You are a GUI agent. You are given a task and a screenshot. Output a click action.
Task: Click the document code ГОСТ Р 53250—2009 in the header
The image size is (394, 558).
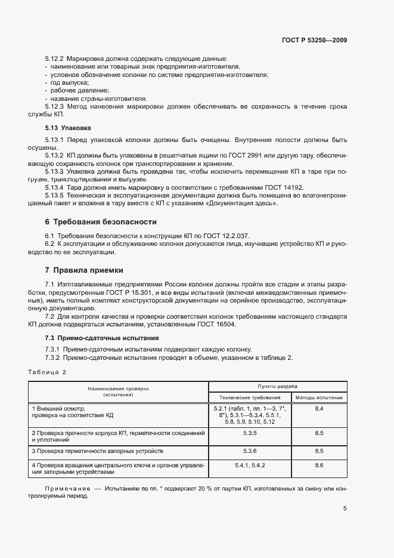coord(314,41)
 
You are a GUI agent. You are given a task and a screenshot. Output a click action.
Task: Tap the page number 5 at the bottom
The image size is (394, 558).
coord(345,508)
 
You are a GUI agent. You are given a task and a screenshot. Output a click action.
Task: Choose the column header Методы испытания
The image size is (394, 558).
coord(319,397)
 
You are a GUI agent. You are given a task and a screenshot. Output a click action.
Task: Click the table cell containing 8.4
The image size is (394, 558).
coord(319,408)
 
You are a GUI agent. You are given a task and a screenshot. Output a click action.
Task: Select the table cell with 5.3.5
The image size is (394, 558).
coord(249,432)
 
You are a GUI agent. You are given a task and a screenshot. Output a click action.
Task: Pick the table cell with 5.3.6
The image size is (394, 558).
coord(249,451)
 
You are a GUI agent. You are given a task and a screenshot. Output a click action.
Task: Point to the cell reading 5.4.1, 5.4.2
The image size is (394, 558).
coord(249,465)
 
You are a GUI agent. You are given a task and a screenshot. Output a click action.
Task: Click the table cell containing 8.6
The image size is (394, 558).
coord(319,465)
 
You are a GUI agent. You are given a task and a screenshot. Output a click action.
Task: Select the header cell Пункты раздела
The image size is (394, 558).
coord(277,387)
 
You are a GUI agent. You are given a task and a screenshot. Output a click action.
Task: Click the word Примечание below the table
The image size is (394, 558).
coord(67,489)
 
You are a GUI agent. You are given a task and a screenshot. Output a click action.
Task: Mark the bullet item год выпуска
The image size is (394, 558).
coord(69,82)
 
